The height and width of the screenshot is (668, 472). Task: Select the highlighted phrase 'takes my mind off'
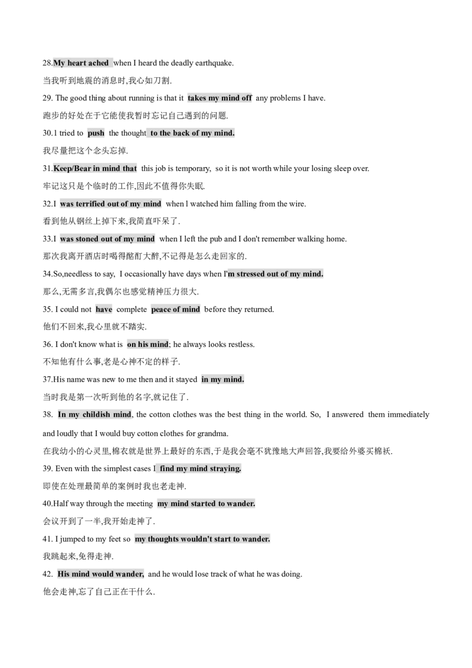click(x=220, y=98)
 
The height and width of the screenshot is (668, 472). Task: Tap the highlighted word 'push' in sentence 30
click(x=96, y=133)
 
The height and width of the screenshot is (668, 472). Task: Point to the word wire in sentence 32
click(x=297, y=204)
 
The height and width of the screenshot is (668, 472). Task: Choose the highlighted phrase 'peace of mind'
click(x=175, y=309)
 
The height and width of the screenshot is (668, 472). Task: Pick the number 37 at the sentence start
click(x=47, y=379)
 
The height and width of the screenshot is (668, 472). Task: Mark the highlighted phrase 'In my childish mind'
click(x=94, y=414)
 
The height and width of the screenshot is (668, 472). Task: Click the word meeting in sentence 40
click(x=139, y=503)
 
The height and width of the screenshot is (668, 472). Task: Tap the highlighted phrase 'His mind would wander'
click(x=100, y=574)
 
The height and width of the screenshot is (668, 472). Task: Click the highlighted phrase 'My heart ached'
click(x=81, y=63)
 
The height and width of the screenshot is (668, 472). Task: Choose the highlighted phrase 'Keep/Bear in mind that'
click(x=95, y=169)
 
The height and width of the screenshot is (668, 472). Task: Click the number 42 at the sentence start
click(x=47, y=574)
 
